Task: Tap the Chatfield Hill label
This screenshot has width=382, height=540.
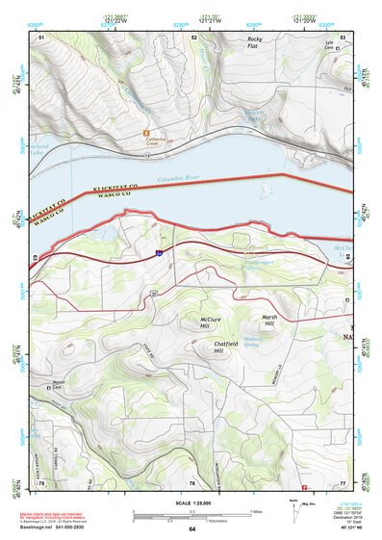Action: pos(226,347)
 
